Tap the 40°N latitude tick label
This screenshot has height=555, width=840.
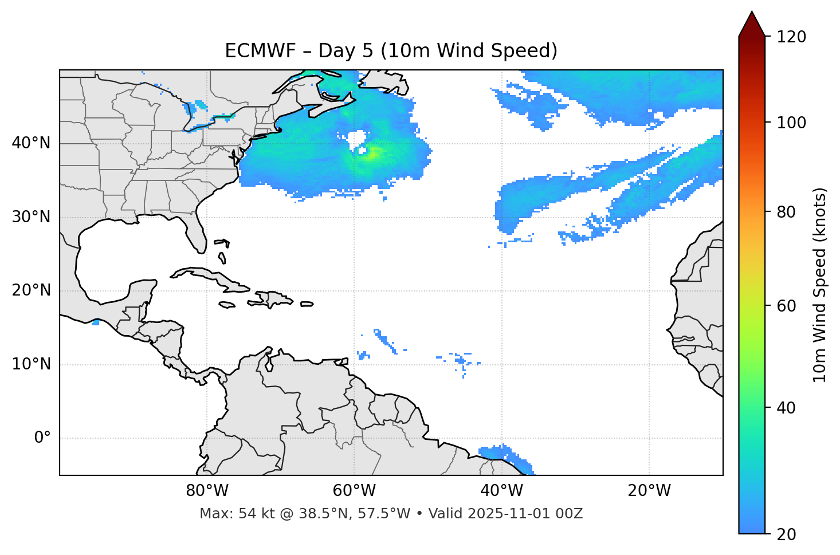point(31,143)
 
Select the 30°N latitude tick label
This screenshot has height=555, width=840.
point(31,217)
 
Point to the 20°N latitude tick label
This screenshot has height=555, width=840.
point(31,290)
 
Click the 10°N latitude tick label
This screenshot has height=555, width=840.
point(31,364)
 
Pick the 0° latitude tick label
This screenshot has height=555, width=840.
point(42,438)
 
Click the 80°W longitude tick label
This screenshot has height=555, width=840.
point(207,491)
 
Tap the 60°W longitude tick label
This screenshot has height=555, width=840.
point(354,491)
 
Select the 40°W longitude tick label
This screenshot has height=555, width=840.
point(501,491)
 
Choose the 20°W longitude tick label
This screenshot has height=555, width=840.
point(649,491)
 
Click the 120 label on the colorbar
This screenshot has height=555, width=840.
point(791,37)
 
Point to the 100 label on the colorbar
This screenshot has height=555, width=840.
point(791,123)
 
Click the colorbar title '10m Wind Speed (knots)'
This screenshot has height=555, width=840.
point(820,285)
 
